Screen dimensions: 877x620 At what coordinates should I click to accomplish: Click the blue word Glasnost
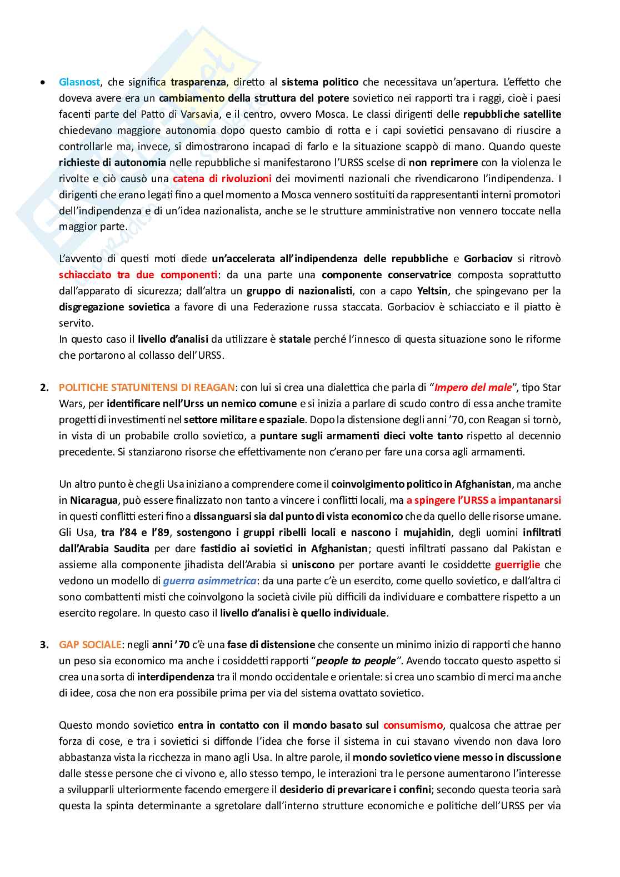pos(79,82)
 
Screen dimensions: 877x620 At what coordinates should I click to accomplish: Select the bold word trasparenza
pos(198,82)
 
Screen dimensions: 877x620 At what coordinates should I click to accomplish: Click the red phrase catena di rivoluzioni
pos(222,179)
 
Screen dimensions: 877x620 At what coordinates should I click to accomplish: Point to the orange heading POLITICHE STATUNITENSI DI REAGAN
pos(147,388)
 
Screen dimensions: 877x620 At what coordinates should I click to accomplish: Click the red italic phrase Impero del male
pos(473,388)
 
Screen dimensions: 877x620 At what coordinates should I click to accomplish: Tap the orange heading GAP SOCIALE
pos(90,645)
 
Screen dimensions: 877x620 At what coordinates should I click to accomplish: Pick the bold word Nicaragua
pos(93,500)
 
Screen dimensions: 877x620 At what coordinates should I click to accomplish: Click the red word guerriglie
pos(517,565)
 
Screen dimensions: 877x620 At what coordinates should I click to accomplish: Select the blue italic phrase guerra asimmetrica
pos(209,581)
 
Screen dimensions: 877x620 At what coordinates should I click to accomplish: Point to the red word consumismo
pos(413,725)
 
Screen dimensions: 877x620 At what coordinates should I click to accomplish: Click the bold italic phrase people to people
pos(356,661)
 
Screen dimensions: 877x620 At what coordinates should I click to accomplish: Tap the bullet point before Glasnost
pos(43,83)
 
